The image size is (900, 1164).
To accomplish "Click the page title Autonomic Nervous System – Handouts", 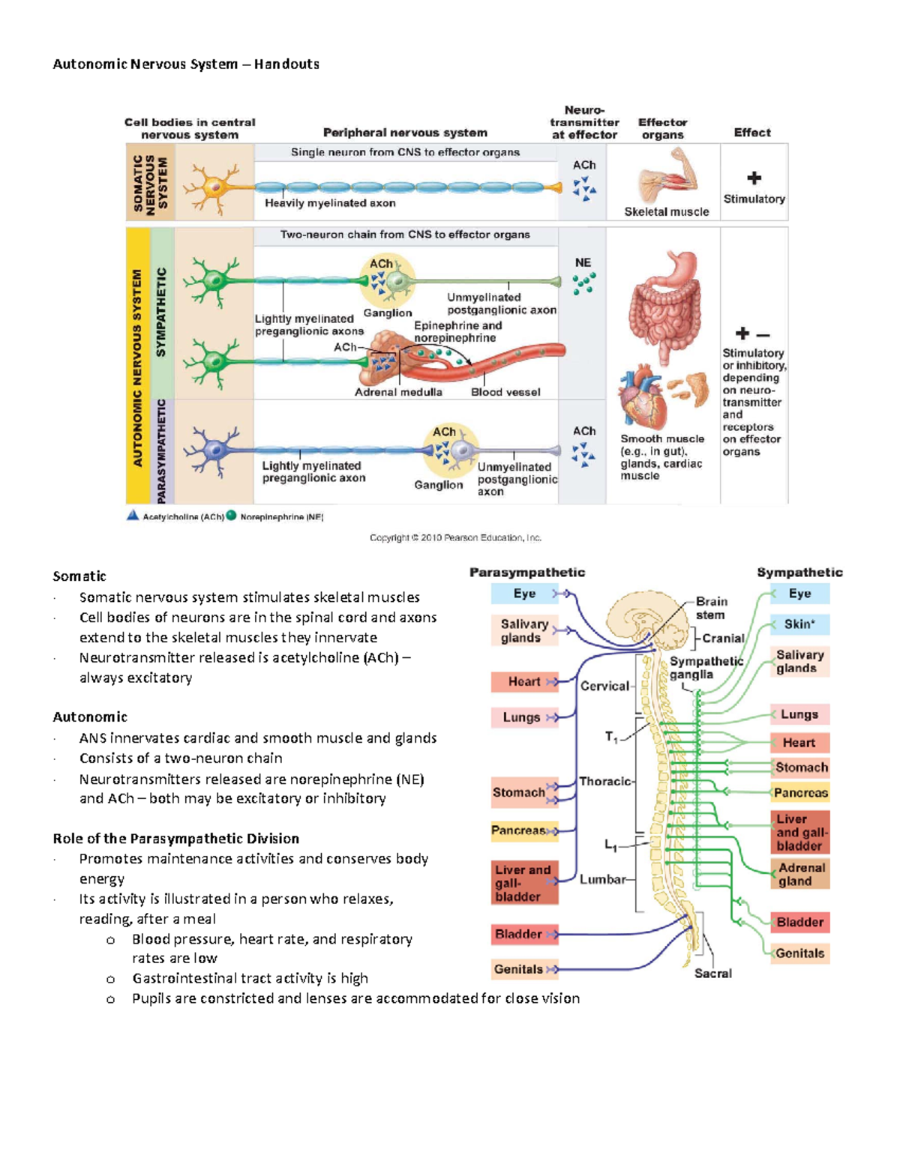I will point(186,64).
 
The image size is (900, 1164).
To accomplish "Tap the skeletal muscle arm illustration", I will point(667,178).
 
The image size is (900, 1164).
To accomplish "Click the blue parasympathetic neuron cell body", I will point(216,450).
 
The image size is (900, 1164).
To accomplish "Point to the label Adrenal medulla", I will point(397,392).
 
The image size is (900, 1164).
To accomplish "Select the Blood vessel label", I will point(505,392).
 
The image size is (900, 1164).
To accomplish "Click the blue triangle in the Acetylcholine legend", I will point(133,516).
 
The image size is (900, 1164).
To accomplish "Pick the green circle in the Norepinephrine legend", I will point(232,516).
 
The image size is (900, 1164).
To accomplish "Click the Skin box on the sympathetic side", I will point(799,624).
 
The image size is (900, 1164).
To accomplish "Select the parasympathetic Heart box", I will point(524,681).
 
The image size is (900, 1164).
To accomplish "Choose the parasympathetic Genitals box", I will point(519,969).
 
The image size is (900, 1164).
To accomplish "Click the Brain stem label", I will point(711,608).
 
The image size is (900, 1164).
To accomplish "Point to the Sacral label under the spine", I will point(712,974).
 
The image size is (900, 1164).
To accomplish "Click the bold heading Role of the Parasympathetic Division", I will point(175,839).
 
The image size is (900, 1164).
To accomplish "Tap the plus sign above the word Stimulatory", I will point(754,178).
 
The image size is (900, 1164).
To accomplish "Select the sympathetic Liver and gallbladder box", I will point(799,833).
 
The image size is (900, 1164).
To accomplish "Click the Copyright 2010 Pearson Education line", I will point(455,537).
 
